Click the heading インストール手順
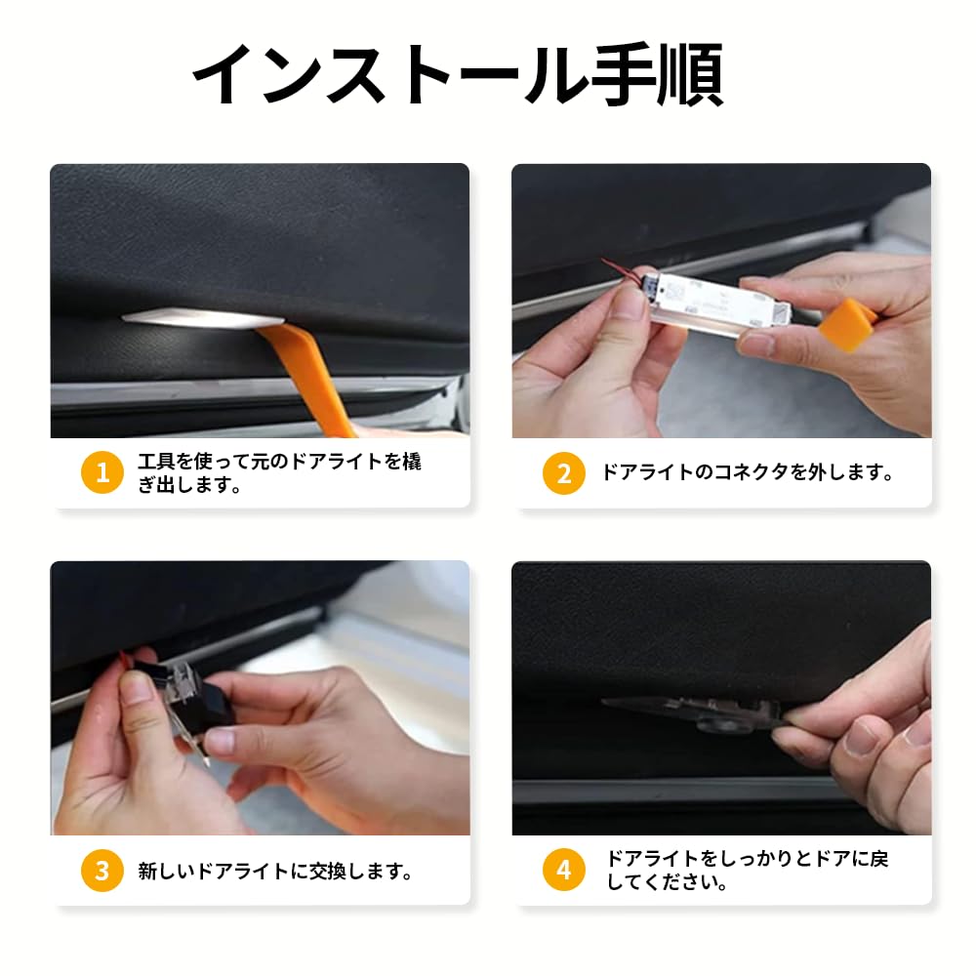point(458,75)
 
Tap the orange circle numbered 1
point(102,472)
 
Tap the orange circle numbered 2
point(564,473)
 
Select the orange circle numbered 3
point(102,871)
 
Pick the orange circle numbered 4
point(564,870)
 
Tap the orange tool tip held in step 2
point(846,325)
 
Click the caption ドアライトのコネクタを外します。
point(747,472)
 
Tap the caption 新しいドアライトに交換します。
point(275,871)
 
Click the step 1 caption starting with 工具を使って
point(279,472)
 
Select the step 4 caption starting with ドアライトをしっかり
point(748,871)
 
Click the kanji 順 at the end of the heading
point(691,75)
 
